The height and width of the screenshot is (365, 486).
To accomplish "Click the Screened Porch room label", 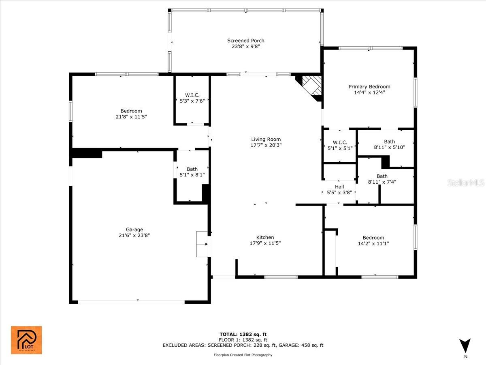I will pyautogui.click(x=245, y=41).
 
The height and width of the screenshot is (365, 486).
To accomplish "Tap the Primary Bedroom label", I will pyautogui.click(x=369, y=86).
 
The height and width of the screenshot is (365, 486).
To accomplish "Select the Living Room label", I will pyautogui.click(x=266, y=140).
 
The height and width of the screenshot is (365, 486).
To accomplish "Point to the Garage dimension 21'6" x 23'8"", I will pyautogui.click(x=134, y=235).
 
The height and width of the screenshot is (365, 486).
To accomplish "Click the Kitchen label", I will pyautogui.click(x=265, y=238).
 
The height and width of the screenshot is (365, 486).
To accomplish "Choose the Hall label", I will pyautogui.click(x=339, y=187).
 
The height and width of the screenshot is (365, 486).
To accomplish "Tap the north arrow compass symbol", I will pyautogui.click(x=465, y=346).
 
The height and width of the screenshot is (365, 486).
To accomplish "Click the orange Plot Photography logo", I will pyautogui.click(x=26, y=340).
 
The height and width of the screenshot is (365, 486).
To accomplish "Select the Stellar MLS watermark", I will pyautogui.click(x=465, y=183).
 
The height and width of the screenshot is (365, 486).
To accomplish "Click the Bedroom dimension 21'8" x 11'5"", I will pyautogui.click(x=131, y=117).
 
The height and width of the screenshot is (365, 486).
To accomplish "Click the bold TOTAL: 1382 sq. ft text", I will pyautogui.click(x=243, y=334).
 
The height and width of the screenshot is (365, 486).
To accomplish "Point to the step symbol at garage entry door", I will pyautogui.click(x=202, y=244).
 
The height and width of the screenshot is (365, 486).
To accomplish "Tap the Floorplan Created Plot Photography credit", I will pyautogui.click(x=243, y=355).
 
